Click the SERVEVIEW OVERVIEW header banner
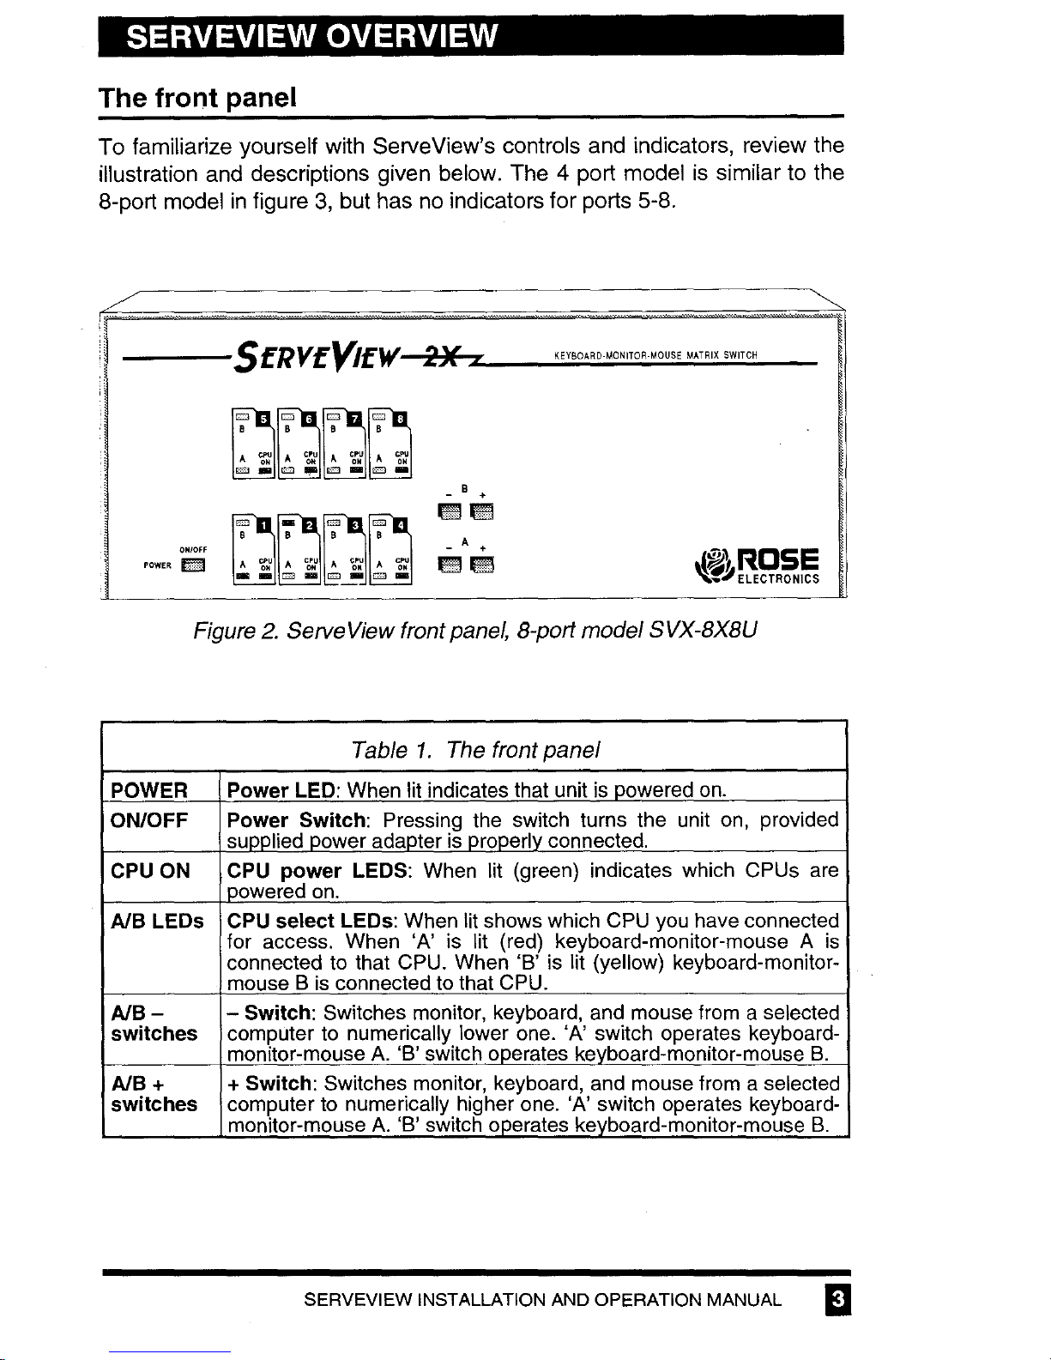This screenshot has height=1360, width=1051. pyautogui.click(x=470, y=37)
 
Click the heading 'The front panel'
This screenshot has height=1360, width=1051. pyautogui.click(x=198, y=97)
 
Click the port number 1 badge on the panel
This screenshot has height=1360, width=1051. pyautogui.click(x=264, y=524)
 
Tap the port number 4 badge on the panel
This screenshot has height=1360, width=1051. pyautogui.click(x=400, y=524)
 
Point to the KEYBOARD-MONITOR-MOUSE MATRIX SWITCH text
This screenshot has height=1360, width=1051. pyautogui.click(x=656, y=355)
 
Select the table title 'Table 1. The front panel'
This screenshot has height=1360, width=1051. pyautogui.click(x=475, y=750)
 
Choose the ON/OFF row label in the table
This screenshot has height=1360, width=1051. pyautogui.click(x=150, y=821)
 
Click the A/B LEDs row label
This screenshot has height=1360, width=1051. pyautogui.click(x=158, y=922)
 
